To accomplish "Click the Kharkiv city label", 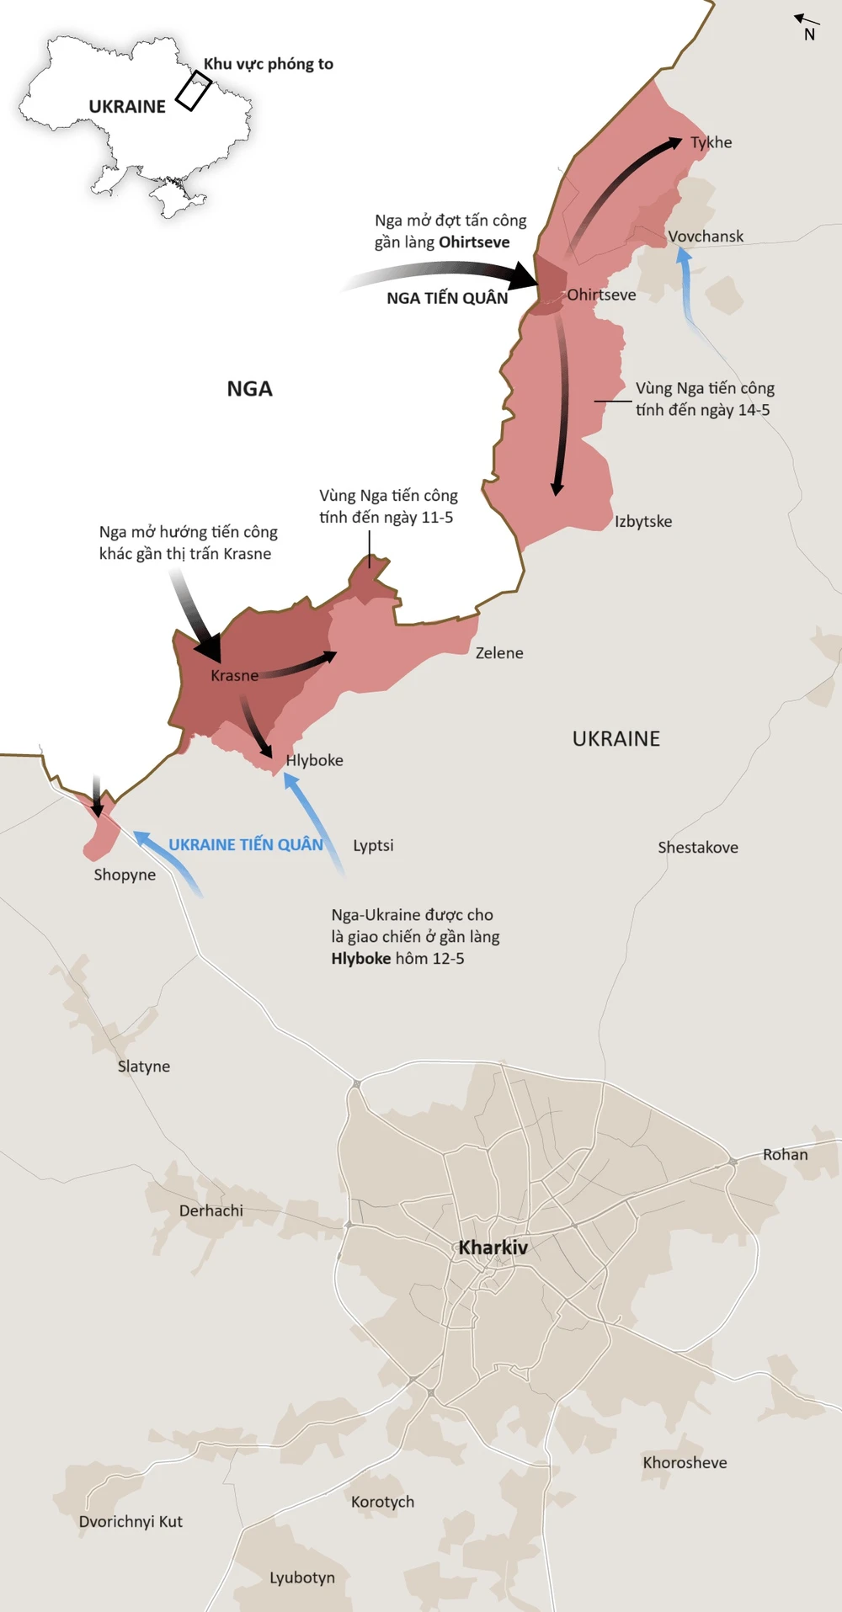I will (493, 1248).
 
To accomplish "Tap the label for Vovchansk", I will (706, 237).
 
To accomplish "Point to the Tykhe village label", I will (711, 142).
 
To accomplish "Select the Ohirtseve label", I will (601, 295).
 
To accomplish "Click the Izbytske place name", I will (643, 521).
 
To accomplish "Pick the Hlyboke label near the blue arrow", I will (314, 760).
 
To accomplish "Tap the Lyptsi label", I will (373, 845).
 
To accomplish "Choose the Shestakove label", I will (698, 848).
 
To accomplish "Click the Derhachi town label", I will (210, 1210).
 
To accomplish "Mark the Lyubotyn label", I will (301, 1577).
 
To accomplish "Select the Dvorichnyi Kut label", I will (131, 1521).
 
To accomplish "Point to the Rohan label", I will (785, 1155).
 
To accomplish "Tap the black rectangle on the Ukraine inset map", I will (194, 91).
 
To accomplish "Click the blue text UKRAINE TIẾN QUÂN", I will (245, 844).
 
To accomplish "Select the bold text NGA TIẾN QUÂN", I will (447, 298).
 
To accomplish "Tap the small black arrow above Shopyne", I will (97, 796).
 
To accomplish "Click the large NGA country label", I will (249, 389).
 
